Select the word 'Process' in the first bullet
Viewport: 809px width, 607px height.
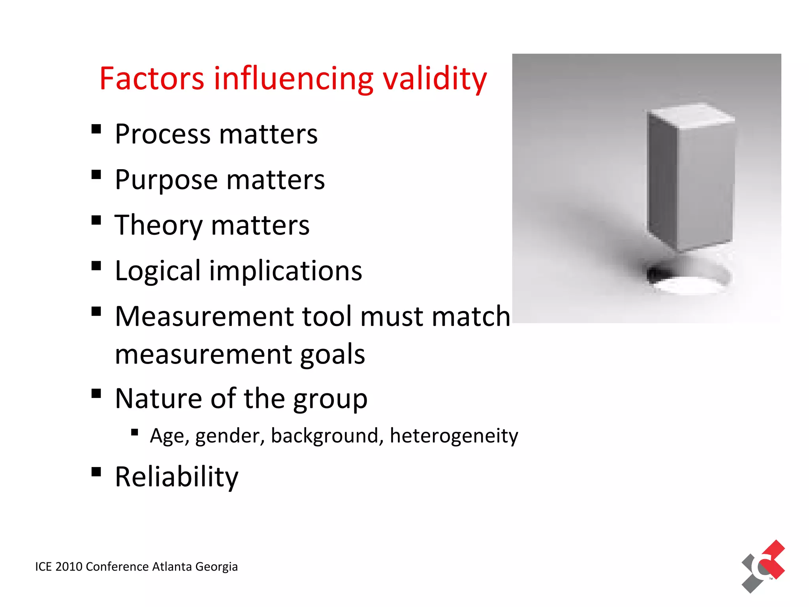pyautogui.click(x=163, y=134)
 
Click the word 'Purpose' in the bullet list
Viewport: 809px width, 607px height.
pyautogui.click(x=166, y=180)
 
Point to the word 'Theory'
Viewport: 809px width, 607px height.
pyautogui.click(x=158, y=226)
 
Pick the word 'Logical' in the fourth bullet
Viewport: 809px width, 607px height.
pyautogui.click(x=158, y=271)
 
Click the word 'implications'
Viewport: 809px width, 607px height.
pyautogui.click(x=286, y=271)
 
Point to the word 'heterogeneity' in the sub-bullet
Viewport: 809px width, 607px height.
pyautogui.click(x=454, y=436)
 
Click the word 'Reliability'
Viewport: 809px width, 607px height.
pyautogui.click(x=177, y=477)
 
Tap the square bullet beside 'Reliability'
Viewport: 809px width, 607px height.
pyautogui.click(x=96, y=472)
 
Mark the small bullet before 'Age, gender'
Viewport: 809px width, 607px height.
pyautogui.click(x=135, y=432)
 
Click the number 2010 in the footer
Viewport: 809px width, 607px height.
pyautogui.click(x=69, y=567)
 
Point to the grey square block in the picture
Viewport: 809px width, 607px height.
pyautogui.click(x=690, y=178)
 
